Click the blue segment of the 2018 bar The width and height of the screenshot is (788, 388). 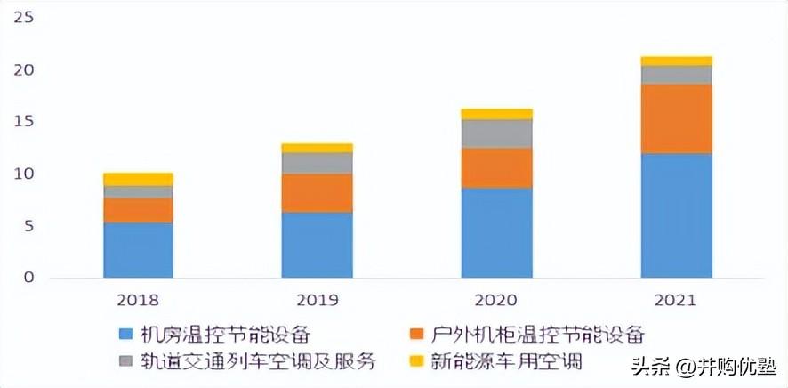click(x=138, y=250)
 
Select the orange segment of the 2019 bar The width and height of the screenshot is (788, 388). click(x=317, y=193)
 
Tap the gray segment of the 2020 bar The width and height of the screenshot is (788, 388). click(x=497, y=133)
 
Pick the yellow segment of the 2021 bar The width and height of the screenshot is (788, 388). click(x=677, y=61)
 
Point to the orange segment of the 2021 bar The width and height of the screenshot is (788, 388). click(x=677, y=118)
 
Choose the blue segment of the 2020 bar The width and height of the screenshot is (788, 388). click(x=497, y=233)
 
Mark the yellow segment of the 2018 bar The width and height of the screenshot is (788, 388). click(x=138, y=180)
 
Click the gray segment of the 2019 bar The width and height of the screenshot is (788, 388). click(x=317, y=164)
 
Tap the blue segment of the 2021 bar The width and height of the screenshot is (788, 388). click(x=677, y=215)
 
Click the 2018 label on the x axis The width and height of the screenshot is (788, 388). click(x=138, y=301)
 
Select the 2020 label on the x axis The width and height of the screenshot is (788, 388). click(x=496, y=301)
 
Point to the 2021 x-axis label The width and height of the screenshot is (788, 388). click(x=675, y=301)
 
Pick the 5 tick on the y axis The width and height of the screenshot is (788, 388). click(x=28, y=226)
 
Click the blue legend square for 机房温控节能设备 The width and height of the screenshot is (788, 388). click(x=125, y=335)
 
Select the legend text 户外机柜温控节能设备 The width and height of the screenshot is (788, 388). click(x=537, y=335)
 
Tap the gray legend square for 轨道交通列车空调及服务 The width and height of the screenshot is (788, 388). click(x=125, y=361)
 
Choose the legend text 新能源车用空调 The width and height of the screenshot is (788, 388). click(x=507, y=361)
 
